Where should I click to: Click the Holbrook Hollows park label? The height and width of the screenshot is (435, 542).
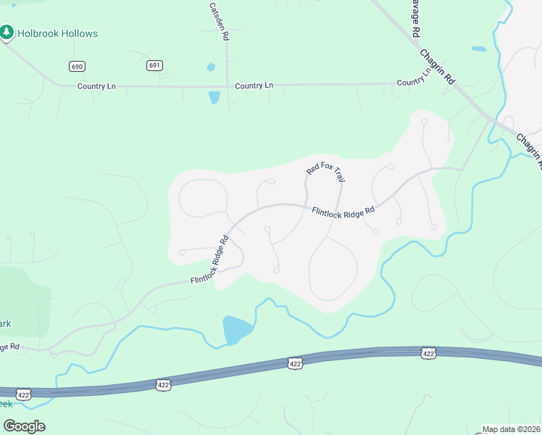pyautogui.click(x=58, y=33)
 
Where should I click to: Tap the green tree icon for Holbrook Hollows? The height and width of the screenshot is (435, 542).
pyautogui.click(x=7, y=33)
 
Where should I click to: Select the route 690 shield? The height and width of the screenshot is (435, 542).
pyautogui.click(x=77, y=66)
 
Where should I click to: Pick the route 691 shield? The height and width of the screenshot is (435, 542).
pyautogui.click(x=154, y=65)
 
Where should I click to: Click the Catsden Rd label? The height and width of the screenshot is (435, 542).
pyautogui.click(x=219, y=20)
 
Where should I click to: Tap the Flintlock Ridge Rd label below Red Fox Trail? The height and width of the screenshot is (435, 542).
pyautogui.click(x=343, y=211)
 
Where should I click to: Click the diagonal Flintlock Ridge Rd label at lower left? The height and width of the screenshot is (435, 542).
pyautogui.click(x=210, y=259)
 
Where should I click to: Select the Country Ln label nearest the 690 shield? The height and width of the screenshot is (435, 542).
pyautogui.click(x=96, y=86)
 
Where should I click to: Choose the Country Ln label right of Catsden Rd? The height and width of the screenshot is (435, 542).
pyautogui.click(x=254, y=86)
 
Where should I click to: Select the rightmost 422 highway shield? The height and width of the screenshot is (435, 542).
pyautogui.click(x=428, y=353)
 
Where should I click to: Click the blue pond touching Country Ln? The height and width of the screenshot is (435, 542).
pyautogui.click(x=214, y=97)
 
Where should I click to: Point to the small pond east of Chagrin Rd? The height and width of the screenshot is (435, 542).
pyautogui.click(x=478, y=49)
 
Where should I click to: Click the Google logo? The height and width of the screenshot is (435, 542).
pyautogui.click(x=24, y=426)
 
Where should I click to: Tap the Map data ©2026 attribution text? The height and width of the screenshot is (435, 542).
pyautogui.click(x=512, y=429)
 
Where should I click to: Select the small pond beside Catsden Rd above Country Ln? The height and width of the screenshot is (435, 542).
pyautogui.click(x=211, y=67)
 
